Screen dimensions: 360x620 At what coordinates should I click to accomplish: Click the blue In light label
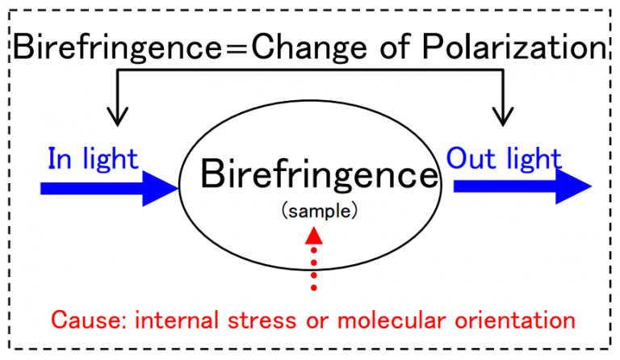(x=92, y=159)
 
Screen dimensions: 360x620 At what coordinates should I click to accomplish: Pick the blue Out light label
(x=503, y=159)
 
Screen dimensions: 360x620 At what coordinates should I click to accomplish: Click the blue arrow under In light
(x=109, y=190)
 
